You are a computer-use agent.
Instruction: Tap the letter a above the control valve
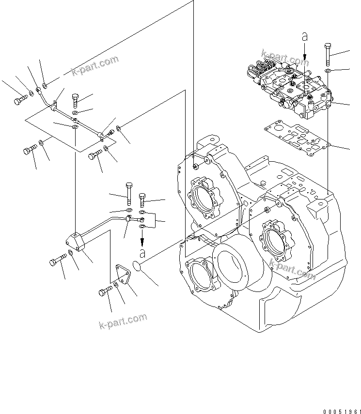point(305,36)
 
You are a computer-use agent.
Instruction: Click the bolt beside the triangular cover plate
point(105,292)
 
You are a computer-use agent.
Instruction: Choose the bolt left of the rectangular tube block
point(56,262)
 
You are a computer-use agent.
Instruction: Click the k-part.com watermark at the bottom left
point(123,320)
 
